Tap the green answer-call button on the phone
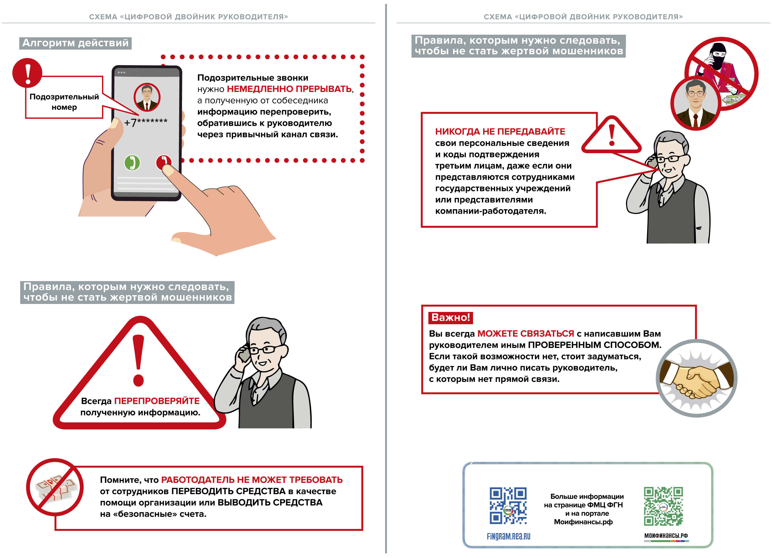tap(132, 163)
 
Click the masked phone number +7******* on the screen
tap(146, 122)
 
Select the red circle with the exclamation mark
tap(27, 73)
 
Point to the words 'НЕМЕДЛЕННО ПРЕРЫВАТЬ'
tap(289, 89)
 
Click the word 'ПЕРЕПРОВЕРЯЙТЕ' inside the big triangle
tap(157, 401)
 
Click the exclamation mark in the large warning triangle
tap(138, 360)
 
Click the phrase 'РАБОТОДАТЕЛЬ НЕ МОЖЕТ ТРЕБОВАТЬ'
tap(252, 480)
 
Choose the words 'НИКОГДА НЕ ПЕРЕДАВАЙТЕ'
tap(500, 132)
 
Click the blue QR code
tap(508, 506)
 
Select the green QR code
tap(663, 506)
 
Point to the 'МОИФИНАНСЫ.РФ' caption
tap(665, 536)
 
